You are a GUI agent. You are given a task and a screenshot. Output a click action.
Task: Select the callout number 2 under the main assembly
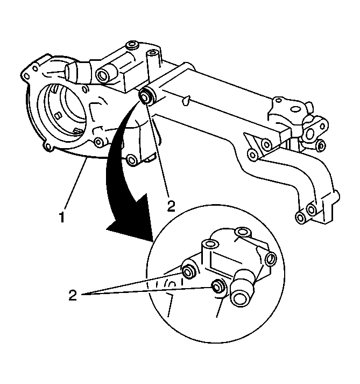click(171, 205)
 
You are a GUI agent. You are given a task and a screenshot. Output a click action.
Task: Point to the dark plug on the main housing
click(145, 97)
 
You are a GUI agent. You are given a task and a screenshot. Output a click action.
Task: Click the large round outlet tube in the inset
click(240, 294)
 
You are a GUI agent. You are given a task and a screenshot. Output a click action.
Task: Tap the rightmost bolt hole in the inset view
click(271, 259)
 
